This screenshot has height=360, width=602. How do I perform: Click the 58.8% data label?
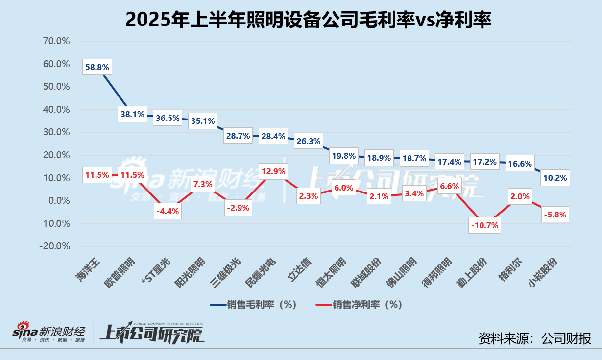pyautogui.click(x=97, y=67)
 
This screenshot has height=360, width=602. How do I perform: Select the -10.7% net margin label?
pyautogui.click(x=484, y=226)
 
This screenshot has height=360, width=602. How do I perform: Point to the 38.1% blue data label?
pyautogui.click(x=132, y=115)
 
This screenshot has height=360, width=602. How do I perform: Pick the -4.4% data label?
pyautogui.click(x=168, y=212)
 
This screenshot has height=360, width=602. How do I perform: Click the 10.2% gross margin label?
pyautogui.click(x=555, y=178)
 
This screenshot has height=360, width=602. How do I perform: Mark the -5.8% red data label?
pyautogui.click(x=555, y=215)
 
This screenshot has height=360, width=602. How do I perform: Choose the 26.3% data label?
pyautogui.click(x=309, y=141)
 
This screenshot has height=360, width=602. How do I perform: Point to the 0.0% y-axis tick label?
pyautogui.click(x=58, y=201)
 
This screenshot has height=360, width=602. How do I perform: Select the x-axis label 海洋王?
pyautogui.click(x=89, y=269)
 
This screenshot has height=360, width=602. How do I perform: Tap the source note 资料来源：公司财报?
pyautogui.click(x=534, y=338)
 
